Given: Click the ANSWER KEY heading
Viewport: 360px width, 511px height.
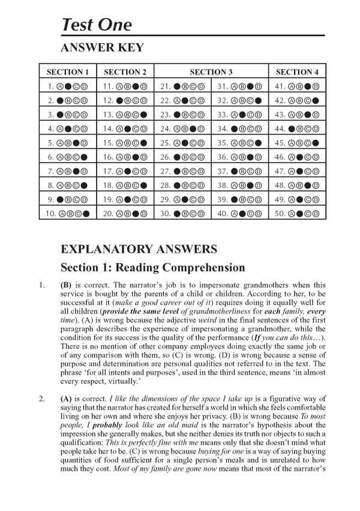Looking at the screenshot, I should click(101, 47).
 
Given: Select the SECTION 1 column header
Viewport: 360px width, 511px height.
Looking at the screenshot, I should click(68, 72).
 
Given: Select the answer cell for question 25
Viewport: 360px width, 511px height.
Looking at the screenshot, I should click(182, 142).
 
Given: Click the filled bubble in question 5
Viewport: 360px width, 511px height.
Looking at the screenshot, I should click(77, 142).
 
